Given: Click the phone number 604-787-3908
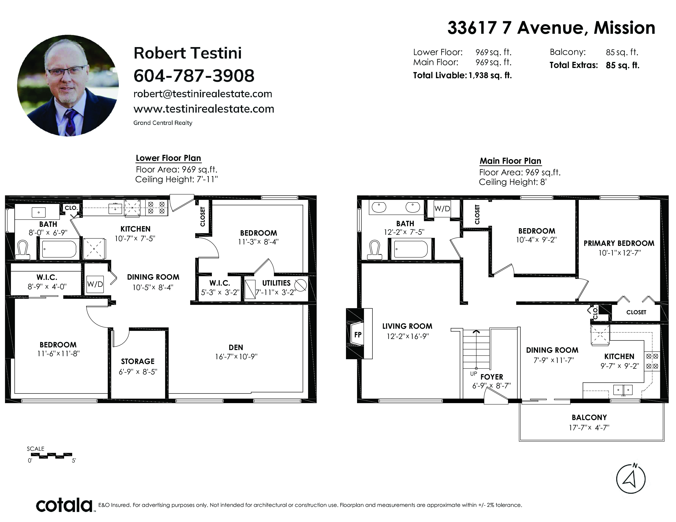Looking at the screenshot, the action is [194, 76].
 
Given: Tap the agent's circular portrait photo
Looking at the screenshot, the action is [68, 85].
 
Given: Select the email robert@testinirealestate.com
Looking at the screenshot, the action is [203, 94].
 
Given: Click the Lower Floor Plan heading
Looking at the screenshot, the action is [168, 158].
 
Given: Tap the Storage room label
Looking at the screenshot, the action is [138, 361].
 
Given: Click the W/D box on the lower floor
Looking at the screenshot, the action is [95, 284].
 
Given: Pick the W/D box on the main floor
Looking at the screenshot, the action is [442, 209].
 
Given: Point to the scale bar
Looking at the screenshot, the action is [51, 455].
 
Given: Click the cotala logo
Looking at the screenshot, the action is [64, 505].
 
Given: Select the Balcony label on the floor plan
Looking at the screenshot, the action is [589, 417].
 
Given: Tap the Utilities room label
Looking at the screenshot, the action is [276, 283].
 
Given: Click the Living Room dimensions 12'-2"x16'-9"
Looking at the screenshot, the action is [408, 336].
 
